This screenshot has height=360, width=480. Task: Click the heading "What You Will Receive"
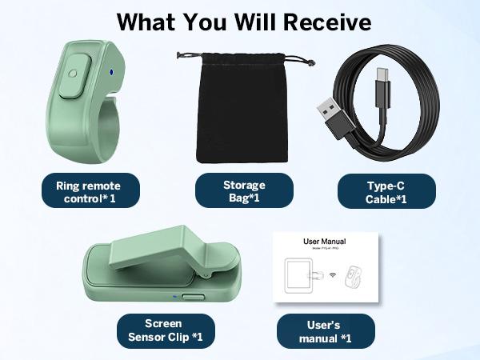tap(244, 22)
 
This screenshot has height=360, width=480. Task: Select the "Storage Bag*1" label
tap(244, 190)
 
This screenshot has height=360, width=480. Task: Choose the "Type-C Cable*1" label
tap(386, 191)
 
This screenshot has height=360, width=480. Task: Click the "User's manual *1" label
tap(325, 330)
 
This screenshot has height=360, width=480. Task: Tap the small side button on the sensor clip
tap(193, 297)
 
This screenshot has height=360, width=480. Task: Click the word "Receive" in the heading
tap(327, 22)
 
